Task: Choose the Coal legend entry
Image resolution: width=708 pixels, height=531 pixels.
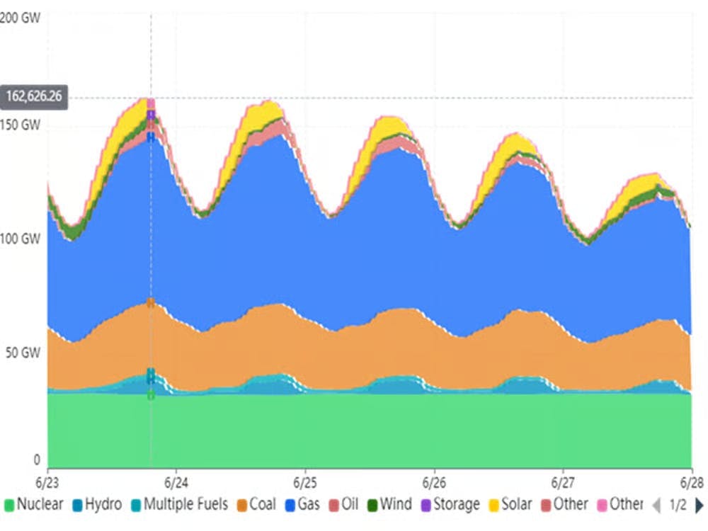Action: (x=256, y=505)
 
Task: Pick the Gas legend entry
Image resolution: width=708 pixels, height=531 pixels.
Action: (x=302, y=505)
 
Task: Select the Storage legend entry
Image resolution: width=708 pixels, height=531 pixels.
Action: (x=451, y=505)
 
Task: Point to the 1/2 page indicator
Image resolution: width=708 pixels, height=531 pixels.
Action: (x=678, y=505)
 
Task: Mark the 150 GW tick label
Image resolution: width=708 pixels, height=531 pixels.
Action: (x=20, y=125)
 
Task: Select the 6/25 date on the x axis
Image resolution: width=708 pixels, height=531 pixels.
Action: (x=305, y=481)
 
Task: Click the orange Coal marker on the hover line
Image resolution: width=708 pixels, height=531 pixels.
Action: (x=151, y=303)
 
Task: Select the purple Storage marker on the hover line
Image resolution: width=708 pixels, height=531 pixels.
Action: (x=151, y=114)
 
